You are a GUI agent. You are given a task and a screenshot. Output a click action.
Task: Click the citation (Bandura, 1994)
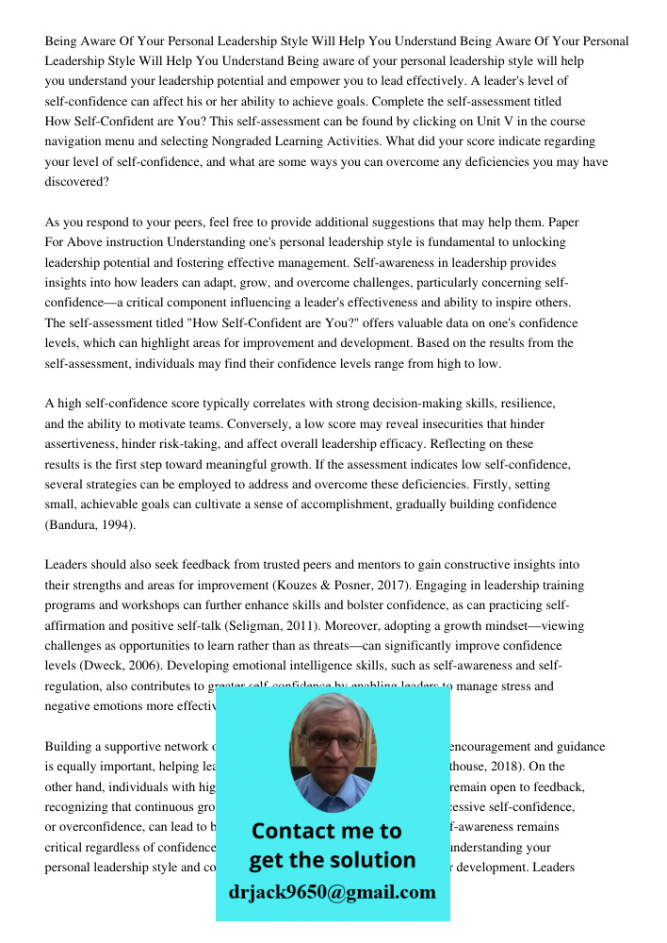click(x=90, y=524)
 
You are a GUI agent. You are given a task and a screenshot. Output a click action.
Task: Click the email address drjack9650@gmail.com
click(x=333, y=892)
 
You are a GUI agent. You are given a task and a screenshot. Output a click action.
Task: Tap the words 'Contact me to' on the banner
click(x=327, y=831)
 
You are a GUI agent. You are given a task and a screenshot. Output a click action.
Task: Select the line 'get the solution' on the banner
click(x=332, y=860)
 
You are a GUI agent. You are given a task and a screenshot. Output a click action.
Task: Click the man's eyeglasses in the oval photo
click(x=333, y=742)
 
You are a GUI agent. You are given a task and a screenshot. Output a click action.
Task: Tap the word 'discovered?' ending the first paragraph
click(x=77, y=181)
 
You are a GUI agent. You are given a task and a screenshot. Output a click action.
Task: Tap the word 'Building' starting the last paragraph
click(x=70, y=747)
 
